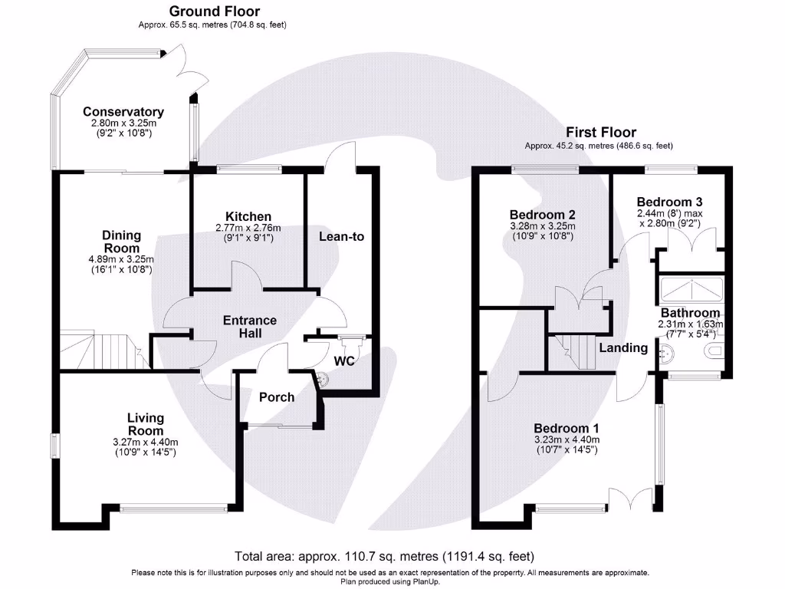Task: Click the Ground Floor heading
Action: [214, 12]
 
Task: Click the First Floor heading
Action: [601, 132]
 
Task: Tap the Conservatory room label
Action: [123, 112]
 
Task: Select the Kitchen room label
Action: [248, 216]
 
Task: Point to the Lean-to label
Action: [341, 237]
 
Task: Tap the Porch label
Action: [277, 397]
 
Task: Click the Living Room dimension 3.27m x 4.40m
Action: [145, 443]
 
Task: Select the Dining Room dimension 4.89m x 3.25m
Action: [121, 259]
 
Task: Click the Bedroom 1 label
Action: [567, 428]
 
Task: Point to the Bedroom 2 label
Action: [543, 215]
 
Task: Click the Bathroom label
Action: [690, 313]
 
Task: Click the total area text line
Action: [383, 556]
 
